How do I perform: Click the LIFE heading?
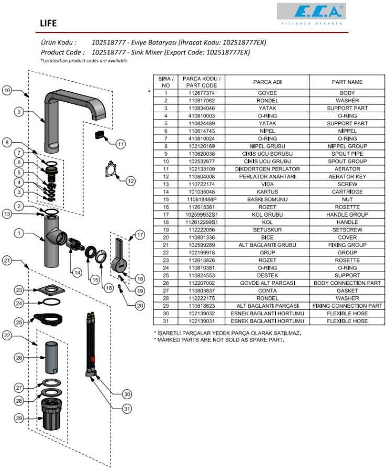tap(49, 24)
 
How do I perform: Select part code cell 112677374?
tap(201, 93)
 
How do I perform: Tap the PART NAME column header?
tap(347, 82)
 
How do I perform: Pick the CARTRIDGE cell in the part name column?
tap(347, 192)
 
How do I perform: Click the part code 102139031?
tap(201, 321)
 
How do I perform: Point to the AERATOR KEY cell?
tap(347, 177)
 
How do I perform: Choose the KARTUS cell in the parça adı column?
tap(267, 192)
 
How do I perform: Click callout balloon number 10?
tap(7, 91)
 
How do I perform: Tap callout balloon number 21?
tap(7, 260)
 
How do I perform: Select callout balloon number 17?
tap(139, 235)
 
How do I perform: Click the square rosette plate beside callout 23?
tap(51, 289)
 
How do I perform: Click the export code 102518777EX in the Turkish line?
tap(245, 42)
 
